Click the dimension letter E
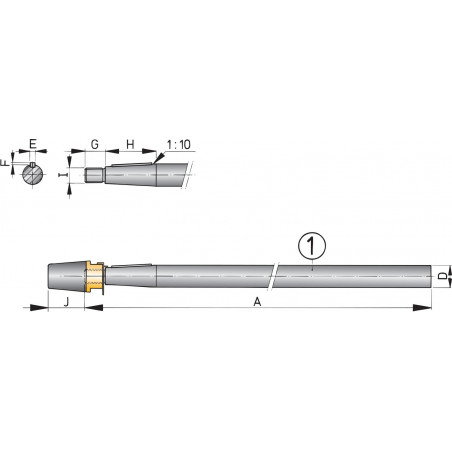tap(33, 143)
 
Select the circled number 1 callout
tap(312, 244)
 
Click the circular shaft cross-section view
tap(33, 173)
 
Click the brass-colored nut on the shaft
tap(95, 273)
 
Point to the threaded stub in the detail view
tap(93, 174)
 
